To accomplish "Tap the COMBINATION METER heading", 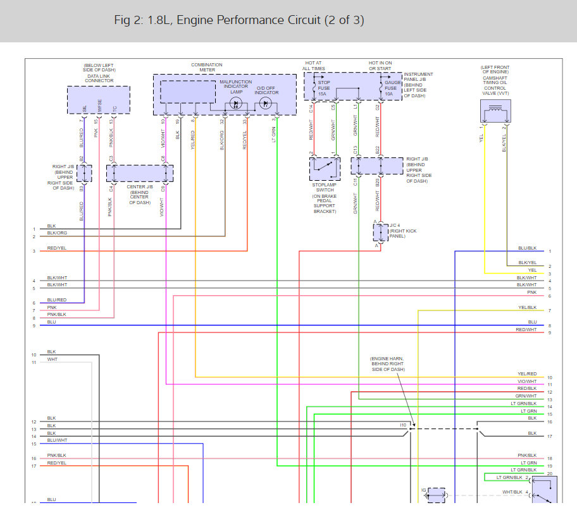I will pos(206,68).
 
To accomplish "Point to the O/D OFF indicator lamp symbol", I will pos(266,102).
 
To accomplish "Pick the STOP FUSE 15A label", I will pos(323,88).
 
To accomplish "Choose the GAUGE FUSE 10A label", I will pos(392,88).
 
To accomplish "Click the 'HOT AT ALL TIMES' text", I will pos(314,66).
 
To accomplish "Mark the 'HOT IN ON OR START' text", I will pos(382,66).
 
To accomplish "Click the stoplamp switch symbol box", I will pos(325,169).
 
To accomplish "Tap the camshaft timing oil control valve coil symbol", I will pos(493,114).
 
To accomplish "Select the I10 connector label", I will pos(402,425).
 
